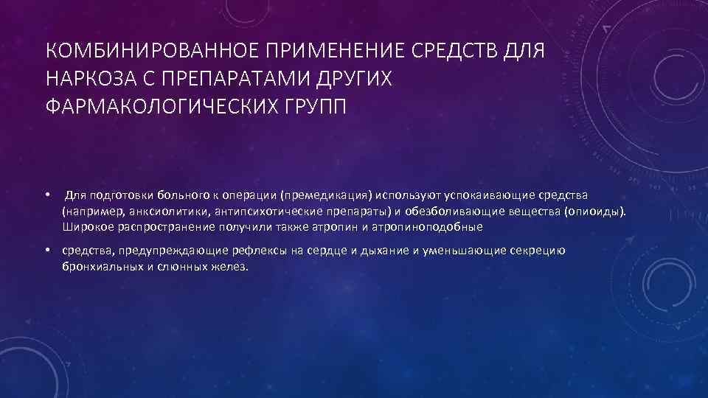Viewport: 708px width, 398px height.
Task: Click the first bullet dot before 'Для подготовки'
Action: (x=46, y=195)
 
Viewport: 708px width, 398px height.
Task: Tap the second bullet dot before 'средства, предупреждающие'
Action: (x=46, y=251)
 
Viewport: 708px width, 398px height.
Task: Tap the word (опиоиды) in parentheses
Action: (x=594, y=212)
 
